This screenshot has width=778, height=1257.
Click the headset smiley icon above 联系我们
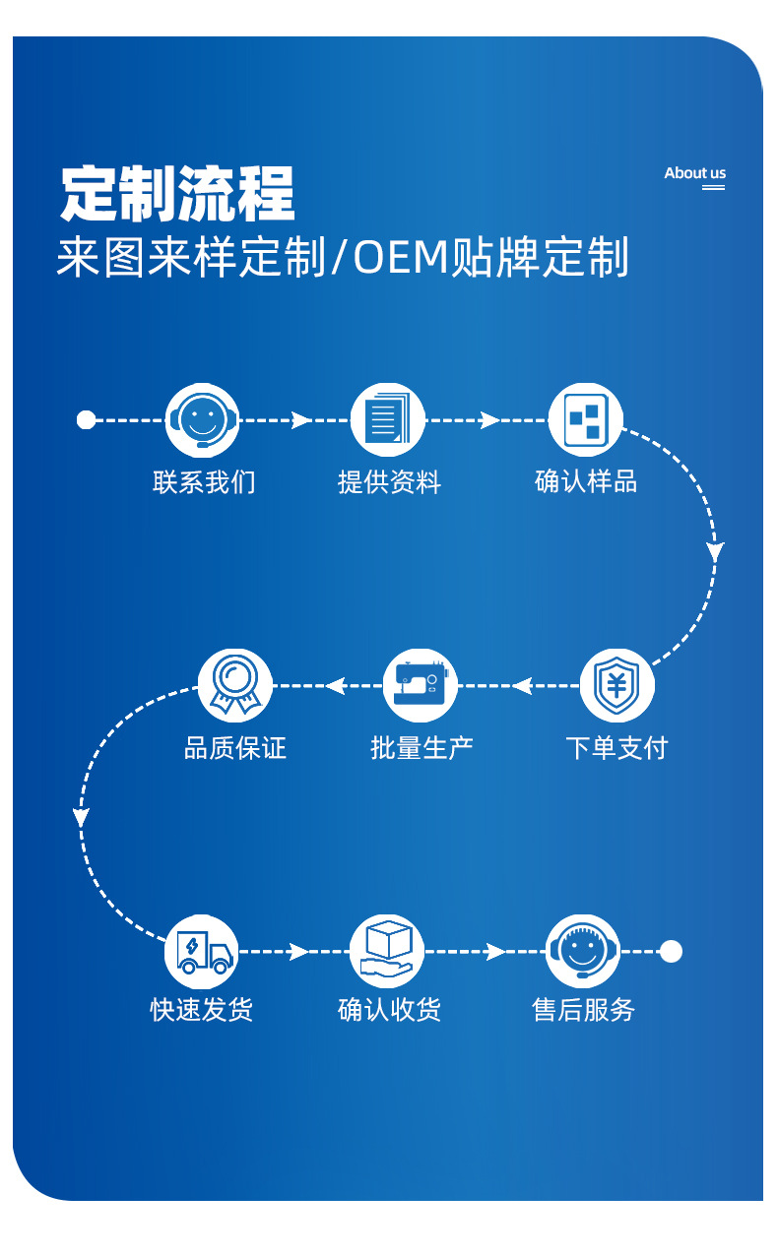coord(202,420)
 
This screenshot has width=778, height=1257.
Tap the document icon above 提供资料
coord(387,420)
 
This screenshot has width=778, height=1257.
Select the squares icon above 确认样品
coord(585,420)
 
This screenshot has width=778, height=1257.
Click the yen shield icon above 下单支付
coord(616,685)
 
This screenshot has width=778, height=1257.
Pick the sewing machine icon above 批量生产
coord(421,685)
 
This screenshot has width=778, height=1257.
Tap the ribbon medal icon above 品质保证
coord(234,685)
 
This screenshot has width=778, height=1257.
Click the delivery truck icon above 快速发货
coord(202,951)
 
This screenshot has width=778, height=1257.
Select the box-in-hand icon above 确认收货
coord(387,951)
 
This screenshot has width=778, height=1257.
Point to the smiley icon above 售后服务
coord(582,951)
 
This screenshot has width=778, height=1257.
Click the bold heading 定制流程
coord(178,194)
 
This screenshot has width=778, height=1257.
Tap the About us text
coord(694,173)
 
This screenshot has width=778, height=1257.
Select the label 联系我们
coord(204,482)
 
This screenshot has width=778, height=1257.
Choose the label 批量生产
coord(421,748)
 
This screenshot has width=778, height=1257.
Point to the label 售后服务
coord(583,1010)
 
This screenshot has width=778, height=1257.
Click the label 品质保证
coord(234,748)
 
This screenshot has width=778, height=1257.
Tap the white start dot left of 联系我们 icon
coord(86,420)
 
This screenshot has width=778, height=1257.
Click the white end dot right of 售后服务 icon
coord(671,951)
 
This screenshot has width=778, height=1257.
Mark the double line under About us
coord(713,187)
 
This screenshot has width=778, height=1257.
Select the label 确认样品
coord(586,482)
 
